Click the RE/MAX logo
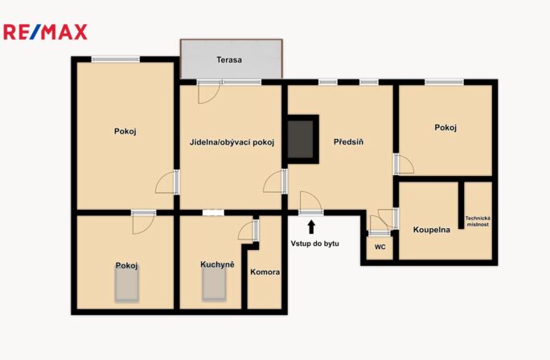coord(45,32)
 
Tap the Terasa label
coord(229,60)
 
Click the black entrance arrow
coord(310,227)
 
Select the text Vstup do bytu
coord(314,243)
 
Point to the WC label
coord(380,247)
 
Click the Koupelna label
coord(432,230)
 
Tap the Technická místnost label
coord(478,221)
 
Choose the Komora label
coord(265,272)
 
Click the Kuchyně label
coord(217,264)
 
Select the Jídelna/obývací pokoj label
coord(232,142)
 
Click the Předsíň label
coord(348,142)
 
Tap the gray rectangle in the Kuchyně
coord(214,284)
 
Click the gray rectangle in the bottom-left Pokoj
coord(126,284)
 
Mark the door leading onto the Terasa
coord(209,92)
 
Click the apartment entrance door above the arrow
coord(310,203)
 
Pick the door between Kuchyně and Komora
coord(248,231)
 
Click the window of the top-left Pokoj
coord(116,59)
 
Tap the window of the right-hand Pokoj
coord(445,83)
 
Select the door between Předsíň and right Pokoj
coord(404,164)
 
